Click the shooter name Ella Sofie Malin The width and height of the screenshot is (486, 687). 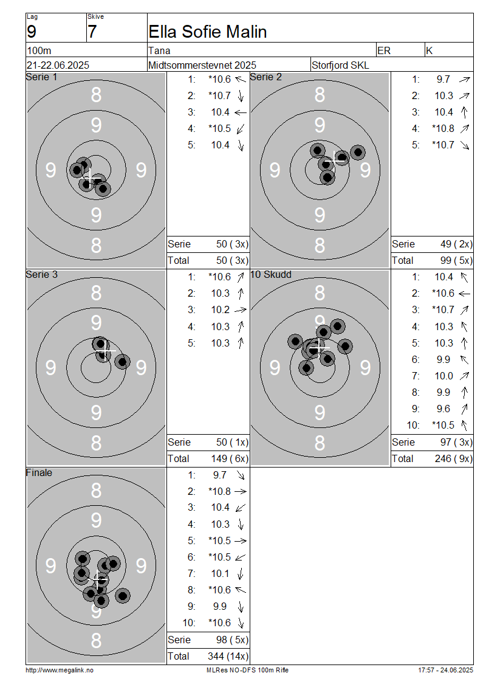click(x=208, y=32)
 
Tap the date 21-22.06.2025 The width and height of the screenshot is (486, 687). click(x=58, y=65)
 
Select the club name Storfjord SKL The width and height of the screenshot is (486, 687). click(x=340, y=65)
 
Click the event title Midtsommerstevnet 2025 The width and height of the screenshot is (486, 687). click(x=202, y=65)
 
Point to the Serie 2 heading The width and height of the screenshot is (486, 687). click(x=265, y=77)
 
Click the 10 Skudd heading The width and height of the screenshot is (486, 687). click(x=270, y=275)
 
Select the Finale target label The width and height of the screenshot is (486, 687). click(x=39, y=473)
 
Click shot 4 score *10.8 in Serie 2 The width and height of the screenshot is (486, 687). click(x=443, y=128)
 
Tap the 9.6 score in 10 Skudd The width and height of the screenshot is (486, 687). click(x=443, y=409)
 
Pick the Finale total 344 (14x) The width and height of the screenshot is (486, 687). click(x=228, y=657)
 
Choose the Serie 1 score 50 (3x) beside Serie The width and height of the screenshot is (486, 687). click(x=233, y=244)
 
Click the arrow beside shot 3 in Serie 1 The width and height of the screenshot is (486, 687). click(x=241, y=112)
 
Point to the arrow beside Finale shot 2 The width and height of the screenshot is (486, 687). click(x=241, y=492)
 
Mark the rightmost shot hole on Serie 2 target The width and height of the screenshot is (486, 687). click(x=358, y=153)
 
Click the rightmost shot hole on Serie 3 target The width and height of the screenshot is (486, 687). click(x=122, y=362)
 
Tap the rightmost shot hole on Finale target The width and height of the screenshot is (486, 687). click(x=123, y=596)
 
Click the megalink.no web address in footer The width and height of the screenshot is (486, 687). click(x=60, y=671)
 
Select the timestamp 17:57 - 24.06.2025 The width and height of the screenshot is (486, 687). click(x=446, y=671)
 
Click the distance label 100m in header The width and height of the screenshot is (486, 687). click(x=39, y=51)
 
